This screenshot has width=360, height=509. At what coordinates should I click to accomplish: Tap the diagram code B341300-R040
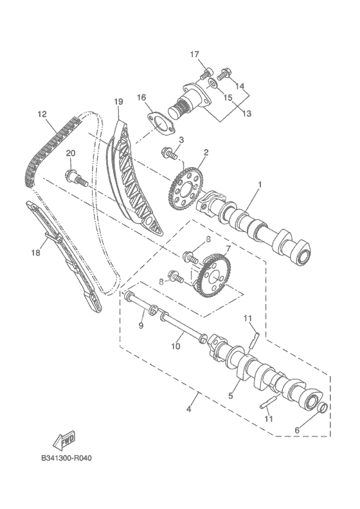(x=67, y=458)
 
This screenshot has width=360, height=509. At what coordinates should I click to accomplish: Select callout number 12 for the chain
(x=42, y=114)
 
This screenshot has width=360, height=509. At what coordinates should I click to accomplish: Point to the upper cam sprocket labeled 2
(x=186, y=189)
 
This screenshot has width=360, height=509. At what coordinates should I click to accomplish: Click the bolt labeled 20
(x=77, y=177)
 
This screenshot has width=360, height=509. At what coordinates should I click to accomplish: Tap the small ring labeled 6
(x=321, y=407)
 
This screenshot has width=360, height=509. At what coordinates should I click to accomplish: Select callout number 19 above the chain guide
(x=118, y=102)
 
